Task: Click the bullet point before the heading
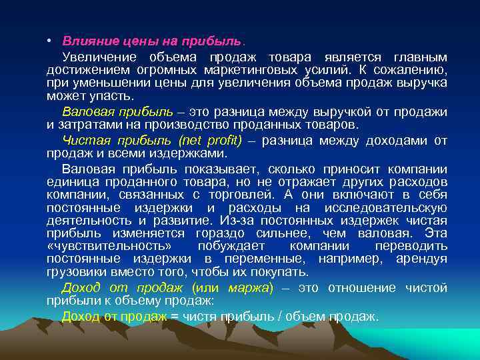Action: pos(51,41)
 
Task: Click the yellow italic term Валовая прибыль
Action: pos(117,111)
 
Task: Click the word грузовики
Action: pos(77,272)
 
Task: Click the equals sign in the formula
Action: pos(175,317)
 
